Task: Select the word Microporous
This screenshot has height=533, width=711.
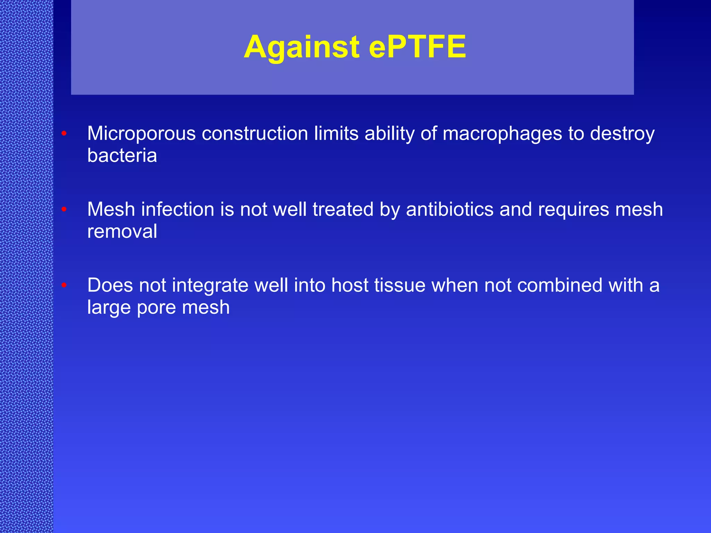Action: pos(141,134)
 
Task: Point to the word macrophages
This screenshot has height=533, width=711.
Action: pos(502,134)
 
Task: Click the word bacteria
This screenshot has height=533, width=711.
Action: pos(122,155)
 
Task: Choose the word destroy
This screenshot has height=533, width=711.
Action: pos(622,134)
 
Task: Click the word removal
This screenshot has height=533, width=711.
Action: pos(122,231)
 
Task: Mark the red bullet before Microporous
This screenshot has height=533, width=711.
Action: pos(64,134)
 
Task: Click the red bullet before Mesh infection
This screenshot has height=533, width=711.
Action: pos(64,209)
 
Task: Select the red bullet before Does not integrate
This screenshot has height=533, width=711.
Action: pos(64,285)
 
